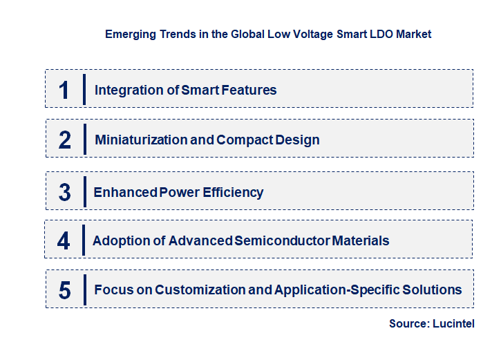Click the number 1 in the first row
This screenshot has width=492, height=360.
point(64,90)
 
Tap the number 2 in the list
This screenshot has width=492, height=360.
point(64,140)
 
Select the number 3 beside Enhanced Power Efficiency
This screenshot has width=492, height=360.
point(64,192)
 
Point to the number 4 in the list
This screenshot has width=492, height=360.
point(64,241)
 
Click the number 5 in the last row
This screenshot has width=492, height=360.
point(64,290)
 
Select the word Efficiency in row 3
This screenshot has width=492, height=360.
point(233,192)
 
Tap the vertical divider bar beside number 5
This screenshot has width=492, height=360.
point(84,289)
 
